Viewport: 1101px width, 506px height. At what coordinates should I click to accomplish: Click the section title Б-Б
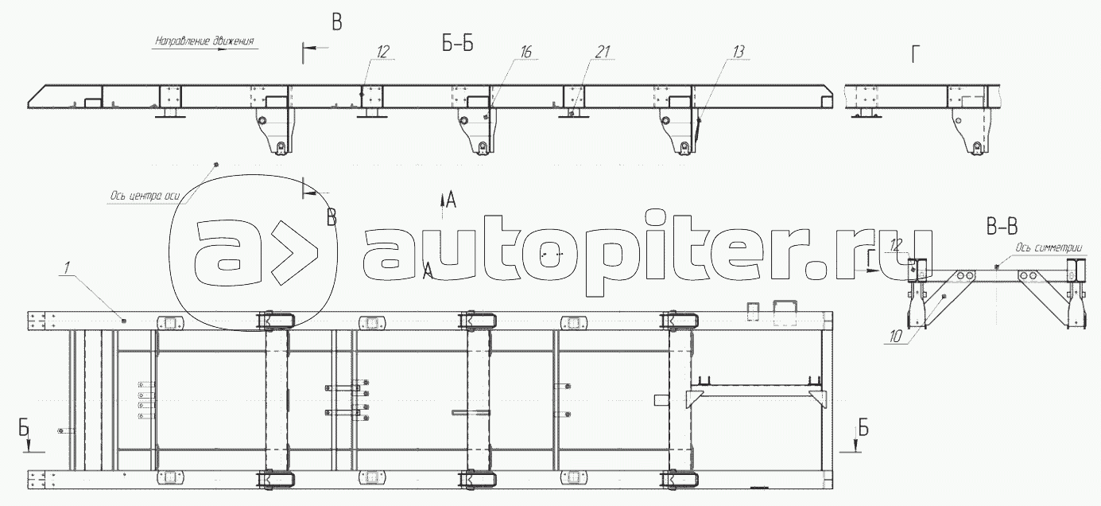click(x=458, y=44)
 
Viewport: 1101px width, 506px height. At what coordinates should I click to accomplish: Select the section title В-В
click(x=1002, y=227)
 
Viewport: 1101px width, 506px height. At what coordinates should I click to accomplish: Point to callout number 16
click(x=526, y=53)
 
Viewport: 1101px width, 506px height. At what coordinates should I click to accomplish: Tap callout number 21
click(x=603, y=53)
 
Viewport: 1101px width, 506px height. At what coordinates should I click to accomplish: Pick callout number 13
click(x=739, y=52)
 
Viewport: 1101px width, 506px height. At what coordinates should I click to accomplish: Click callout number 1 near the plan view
click(x=68, y=268)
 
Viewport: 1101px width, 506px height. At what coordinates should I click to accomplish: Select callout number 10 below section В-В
click(x=896, y=337)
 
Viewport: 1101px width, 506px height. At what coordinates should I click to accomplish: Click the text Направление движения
click(x=204, y=41)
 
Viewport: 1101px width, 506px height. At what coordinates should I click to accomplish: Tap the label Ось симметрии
click(x=1049, y=248)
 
